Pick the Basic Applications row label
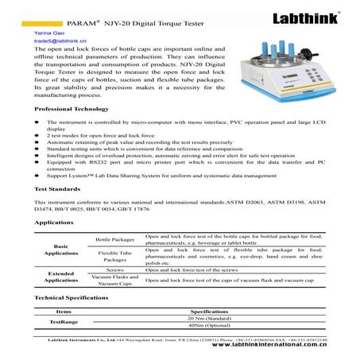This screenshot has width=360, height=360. tap(60, 249)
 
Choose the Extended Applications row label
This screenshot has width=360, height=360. tap(60, 276)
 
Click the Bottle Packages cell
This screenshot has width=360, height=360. tap(114, 239)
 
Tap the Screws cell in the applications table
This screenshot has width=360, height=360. tap(114, 269)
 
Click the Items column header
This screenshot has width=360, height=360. tap(63, 311)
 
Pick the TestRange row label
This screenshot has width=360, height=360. tap(63, 322)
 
